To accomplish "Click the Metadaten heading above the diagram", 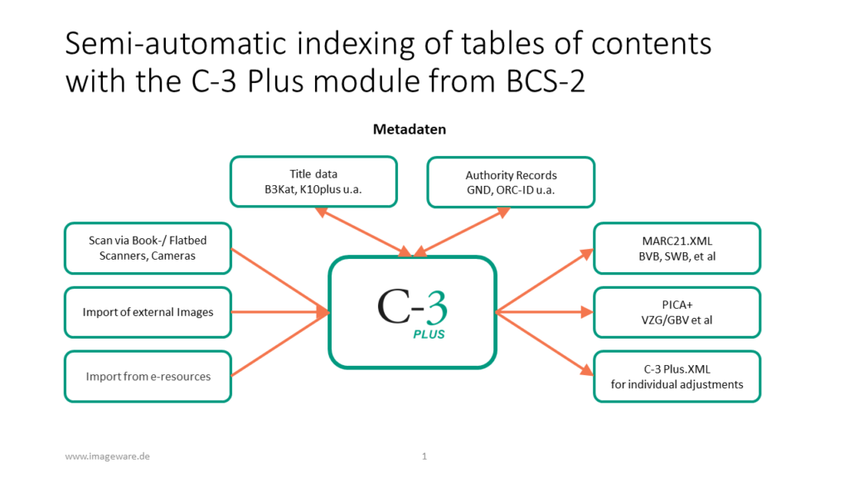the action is [x=410, y=129].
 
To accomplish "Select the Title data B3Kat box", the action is [x=313, y=182].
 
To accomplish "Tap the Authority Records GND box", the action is [x=511, y=182].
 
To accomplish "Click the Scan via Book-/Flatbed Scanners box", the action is [x=148, y=248].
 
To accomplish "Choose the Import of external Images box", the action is [x=148, y=312].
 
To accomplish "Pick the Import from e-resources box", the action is [x=148, y=377].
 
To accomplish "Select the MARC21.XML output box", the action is [x=677, y=248].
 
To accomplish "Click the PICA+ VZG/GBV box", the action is [x=677, y=312].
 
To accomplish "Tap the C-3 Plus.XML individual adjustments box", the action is [x=677, y=377].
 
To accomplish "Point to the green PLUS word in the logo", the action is [x=429, y=334].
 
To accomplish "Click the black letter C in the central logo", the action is [x=393, y=306].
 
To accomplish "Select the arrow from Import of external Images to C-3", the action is [x=280, y=312].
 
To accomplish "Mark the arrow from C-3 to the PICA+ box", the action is [x=544, y=312].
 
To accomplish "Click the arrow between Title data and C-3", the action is [x=363, y=232].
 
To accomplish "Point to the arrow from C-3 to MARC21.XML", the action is [x=544, y=280].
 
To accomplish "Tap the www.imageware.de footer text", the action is [x=107, y=456].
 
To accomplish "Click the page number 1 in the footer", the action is [x=424, y=456].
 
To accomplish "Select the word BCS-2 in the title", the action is [x=546, y=81].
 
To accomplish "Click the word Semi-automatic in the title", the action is [x=176, y=43].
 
